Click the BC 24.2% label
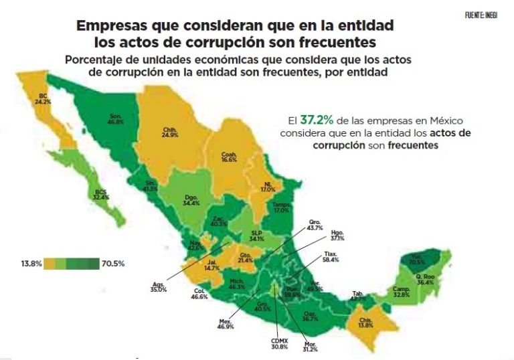(43, 100)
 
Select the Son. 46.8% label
(115, 120)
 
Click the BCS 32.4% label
(102, 195)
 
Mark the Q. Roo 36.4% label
(426, 279)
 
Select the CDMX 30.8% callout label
(280, 343)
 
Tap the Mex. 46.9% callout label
(225, 325)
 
